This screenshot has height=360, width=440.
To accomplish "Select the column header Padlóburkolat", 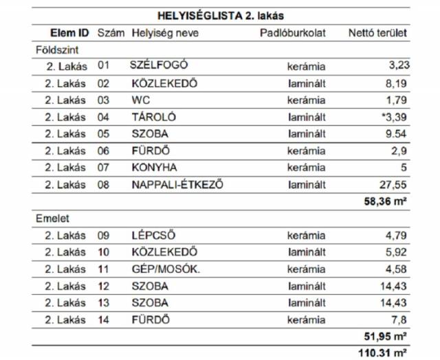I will point(292,32).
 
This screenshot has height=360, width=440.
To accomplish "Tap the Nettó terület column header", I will point(377,32).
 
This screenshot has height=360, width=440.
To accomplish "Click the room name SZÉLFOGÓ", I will point(159,66).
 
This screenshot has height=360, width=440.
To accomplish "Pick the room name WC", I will point(140,100).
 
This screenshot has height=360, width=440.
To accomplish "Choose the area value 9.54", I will point(395,133).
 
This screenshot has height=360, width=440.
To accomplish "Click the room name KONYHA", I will point(154,167).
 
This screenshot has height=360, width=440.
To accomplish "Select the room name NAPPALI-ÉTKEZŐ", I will point(177,184).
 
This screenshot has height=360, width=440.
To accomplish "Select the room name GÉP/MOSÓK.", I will point(166,269).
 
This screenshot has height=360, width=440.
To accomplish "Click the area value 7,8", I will point(399,319).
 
